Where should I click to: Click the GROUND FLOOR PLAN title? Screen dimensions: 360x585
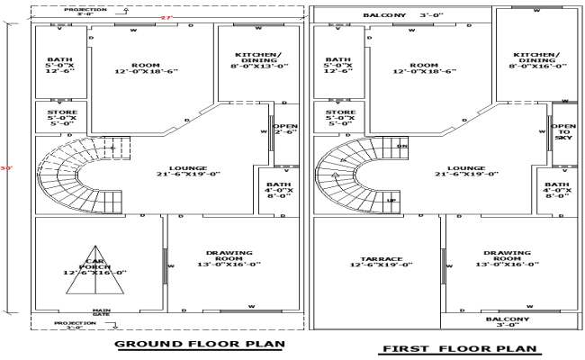(200, 343)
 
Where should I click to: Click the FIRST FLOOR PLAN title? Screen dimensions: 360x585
(459, 348)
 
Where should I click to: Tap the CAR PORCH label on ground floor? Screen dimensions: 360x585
(94, 265)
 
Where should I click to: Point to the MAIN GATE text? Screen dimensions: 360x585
(101, 313)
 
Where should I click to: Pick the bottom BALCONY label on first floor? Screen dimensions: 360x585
(507, 322)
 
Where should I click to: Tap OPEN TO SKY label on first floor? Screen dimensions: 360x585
(564, 133)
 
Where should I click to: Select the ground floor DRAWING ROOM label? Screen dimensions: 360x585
(229, 258)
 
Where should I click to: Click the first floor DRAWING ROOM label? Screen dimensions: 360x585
(507, 258)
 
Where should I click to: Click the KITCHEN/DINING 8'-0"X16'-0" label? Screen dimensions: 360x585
(535, 59)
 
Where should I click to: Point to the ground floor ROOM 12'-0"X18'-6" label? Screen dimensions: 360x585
(145, 68)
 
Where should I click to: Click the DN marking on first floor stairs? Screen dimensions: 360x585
(401, 145)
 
